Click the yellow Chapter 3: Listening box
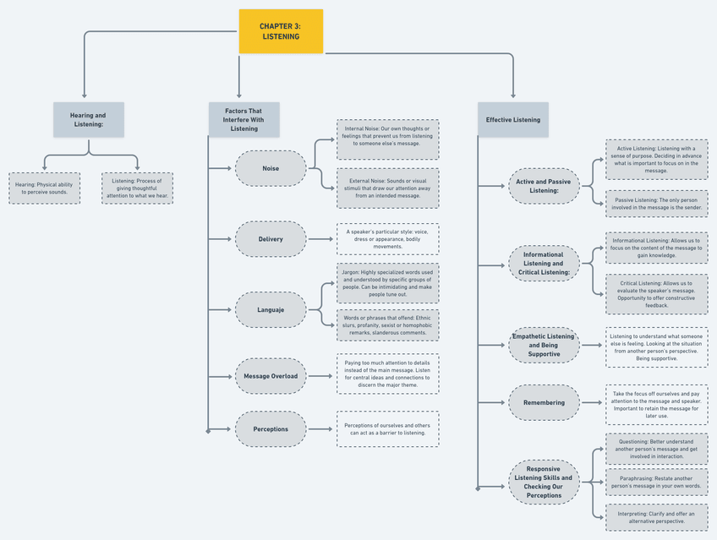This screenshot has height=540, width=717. point(281,31)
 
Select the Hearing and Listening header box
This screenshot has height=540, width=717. point(88,120)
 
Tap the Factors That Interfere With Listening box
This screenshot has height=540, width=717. point(244,120)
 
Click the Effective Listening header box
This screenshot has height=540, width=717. point(512,120)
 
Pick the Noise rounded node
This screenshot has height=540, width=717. point(271,168)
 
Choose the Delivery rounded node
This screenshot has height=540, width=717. point(271,239)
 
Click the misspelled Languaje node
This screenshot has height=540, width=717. point(271,310)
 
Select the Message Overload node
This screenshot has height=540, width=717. point(271,376)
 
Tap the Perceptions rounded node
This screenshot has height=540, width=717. point(271,429)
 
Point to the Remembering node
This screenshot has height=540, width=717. point(544,403)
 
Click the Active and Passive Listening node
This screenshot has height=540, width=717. point(544,186)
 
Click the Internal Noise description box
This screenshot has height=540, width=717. point(387,139)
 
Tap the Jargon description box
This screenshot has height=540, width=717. point(387,282)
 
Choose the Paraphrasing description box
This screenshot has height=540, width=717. point(656,482)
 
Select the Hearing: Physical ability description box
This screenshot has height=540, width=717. point(45,188)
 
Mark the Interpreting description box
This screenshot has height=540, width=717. point(656,517)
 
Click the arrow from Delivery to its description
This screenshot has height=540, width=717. point(321,239)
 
